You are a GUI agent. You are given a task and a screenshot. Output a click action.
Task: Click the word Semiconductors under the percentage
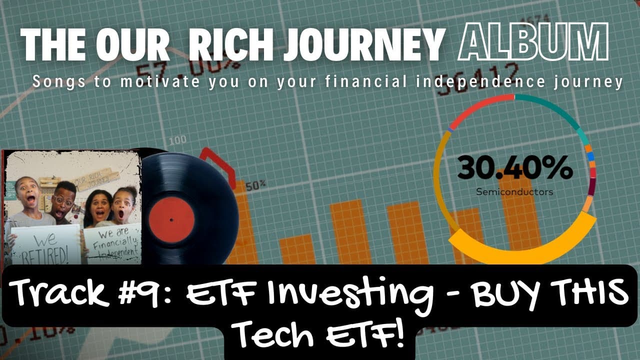pyautogui.click(x=514, y=191)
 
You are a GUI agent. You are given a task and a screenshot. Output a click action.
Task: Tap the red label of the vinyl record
pyautogui.click(x=171, y=219)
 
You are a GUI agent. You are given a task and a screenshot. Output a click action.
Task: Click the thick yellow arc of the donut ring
pyautogui.click(x=520, y=247)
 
